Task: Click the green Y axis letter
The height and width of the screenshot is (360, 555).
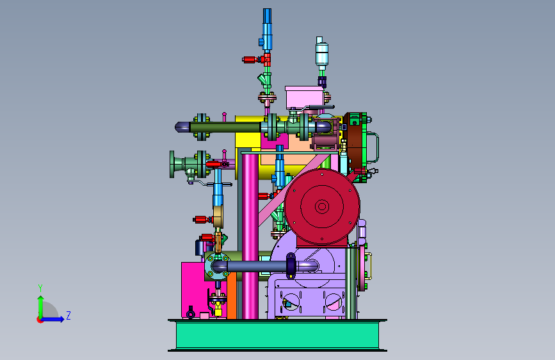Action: click(x=40, y=288)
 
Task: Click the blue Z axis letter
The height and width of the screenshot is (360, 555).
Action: click(x=68, y=315)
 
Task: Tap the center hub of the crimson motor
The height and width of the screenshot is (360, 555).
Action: click(x=322, y=206)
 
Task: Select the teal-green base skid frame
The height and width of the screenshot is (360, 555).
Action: click(x=277, y=335)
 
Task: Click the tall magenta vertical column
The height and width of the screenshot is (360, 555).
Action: click(x=250, y=236)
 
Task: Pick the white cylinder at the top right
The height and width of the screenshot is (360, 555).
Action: click(x=322, y=54)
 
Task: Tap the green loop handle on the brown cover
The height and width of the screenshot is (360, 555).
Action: click(x=374, y=147)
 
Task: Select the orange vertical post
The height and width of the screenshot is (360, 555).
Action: click(x=232, y=295)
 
